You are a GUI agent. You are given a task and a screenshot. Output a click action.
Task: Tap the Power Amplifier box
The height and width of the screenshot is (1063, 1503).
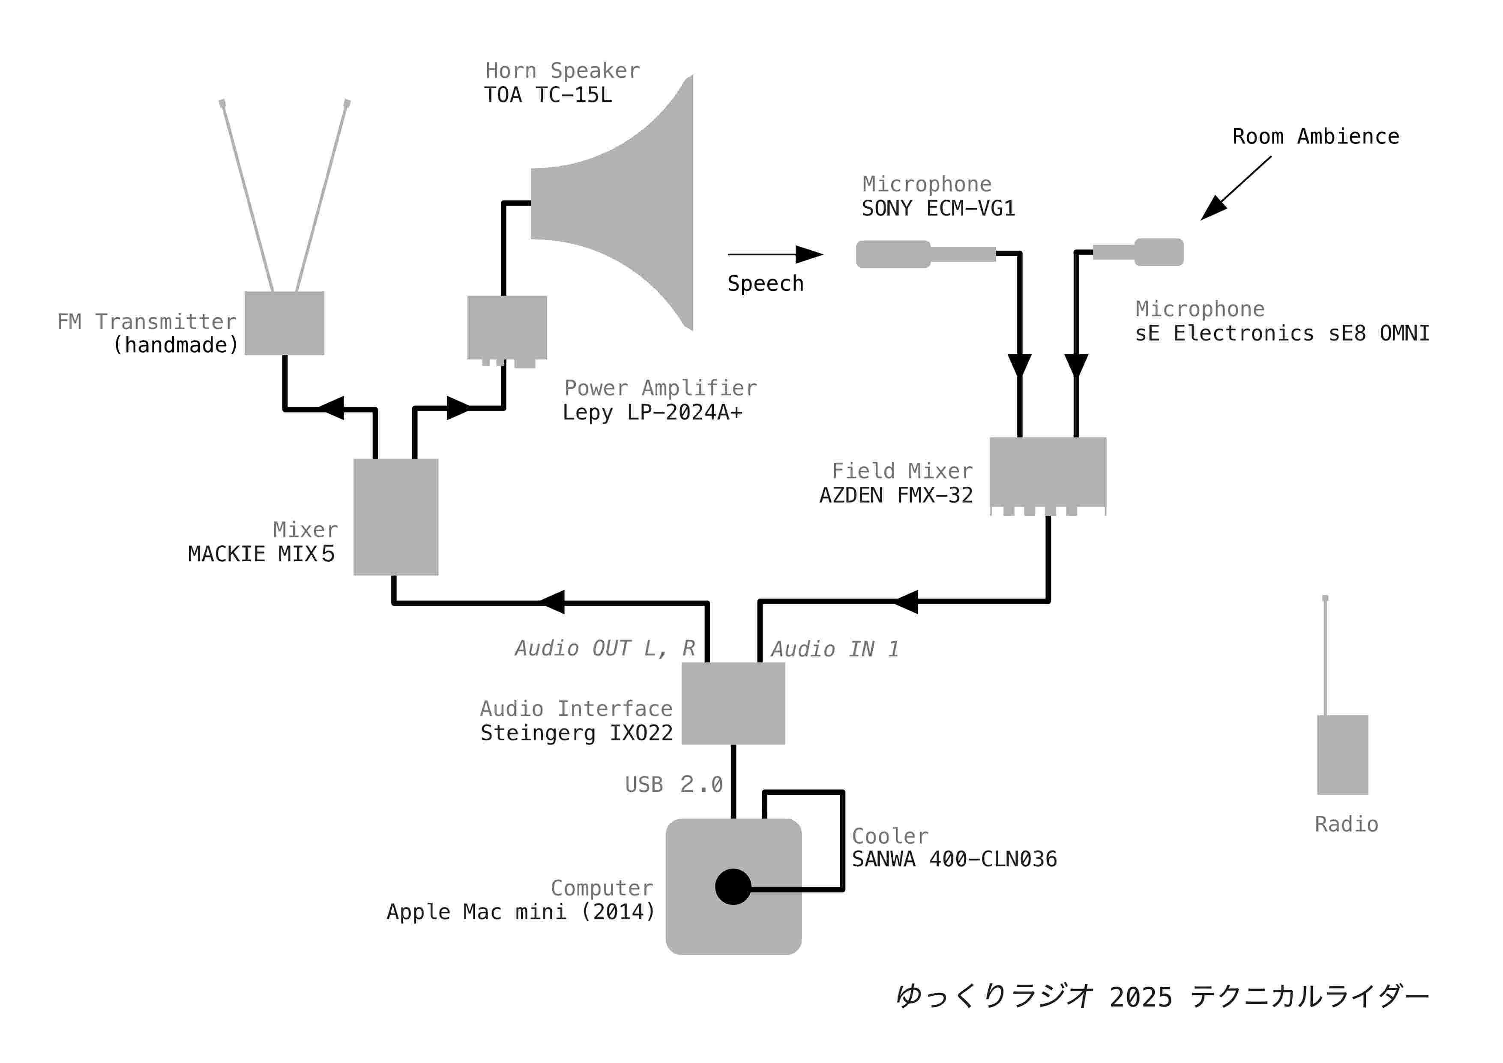point(507,328)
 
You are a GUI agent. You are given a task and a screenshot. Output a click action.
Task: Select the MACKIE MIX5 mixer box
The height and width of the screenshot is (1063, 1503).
point(395,517)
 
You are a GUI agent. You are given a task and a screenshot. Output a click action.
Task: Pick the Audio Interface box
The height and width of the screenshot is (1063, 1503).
point(733,704)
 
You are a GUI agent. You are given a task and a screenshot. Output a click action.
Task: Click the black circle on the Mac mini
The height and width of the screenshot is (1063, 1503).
point(733,887)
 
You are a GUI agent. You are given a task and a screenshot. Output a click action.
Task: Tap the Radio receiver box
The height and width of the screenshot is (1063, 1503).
point(1343,755)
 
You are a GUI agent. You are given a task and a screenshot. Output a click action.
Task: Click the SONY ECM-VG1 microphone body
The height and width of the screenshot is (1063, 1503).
point(894,254)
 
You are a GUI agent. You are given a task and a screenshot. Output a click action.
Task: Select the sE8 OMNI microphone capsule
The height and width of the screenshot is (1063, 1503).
point(1159,252)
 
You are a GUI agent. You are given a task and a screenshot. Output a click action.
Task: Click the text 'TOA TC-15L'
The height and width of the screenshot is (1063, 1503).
point(548,95)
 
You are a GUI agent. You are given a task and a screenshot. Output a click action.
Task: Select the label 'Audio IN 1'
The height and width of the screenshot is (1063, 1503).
point(835,649)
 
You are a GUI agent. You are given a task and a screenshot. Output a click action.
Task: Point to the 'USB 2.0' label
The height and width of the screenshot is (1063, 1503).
point(674,784)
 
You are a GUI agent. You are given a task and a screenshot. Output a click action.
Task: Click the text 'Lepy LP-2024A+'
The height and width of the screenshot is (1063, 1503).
point(653,412)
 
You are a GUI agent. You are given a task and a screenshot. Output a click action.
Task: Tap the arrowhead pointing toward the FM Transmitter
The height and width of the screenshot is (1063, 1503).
point(331,408)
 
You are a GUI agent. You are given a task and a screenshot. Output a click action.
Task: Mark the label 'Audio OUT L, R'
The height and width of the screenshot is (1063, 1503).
point(605,648)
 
